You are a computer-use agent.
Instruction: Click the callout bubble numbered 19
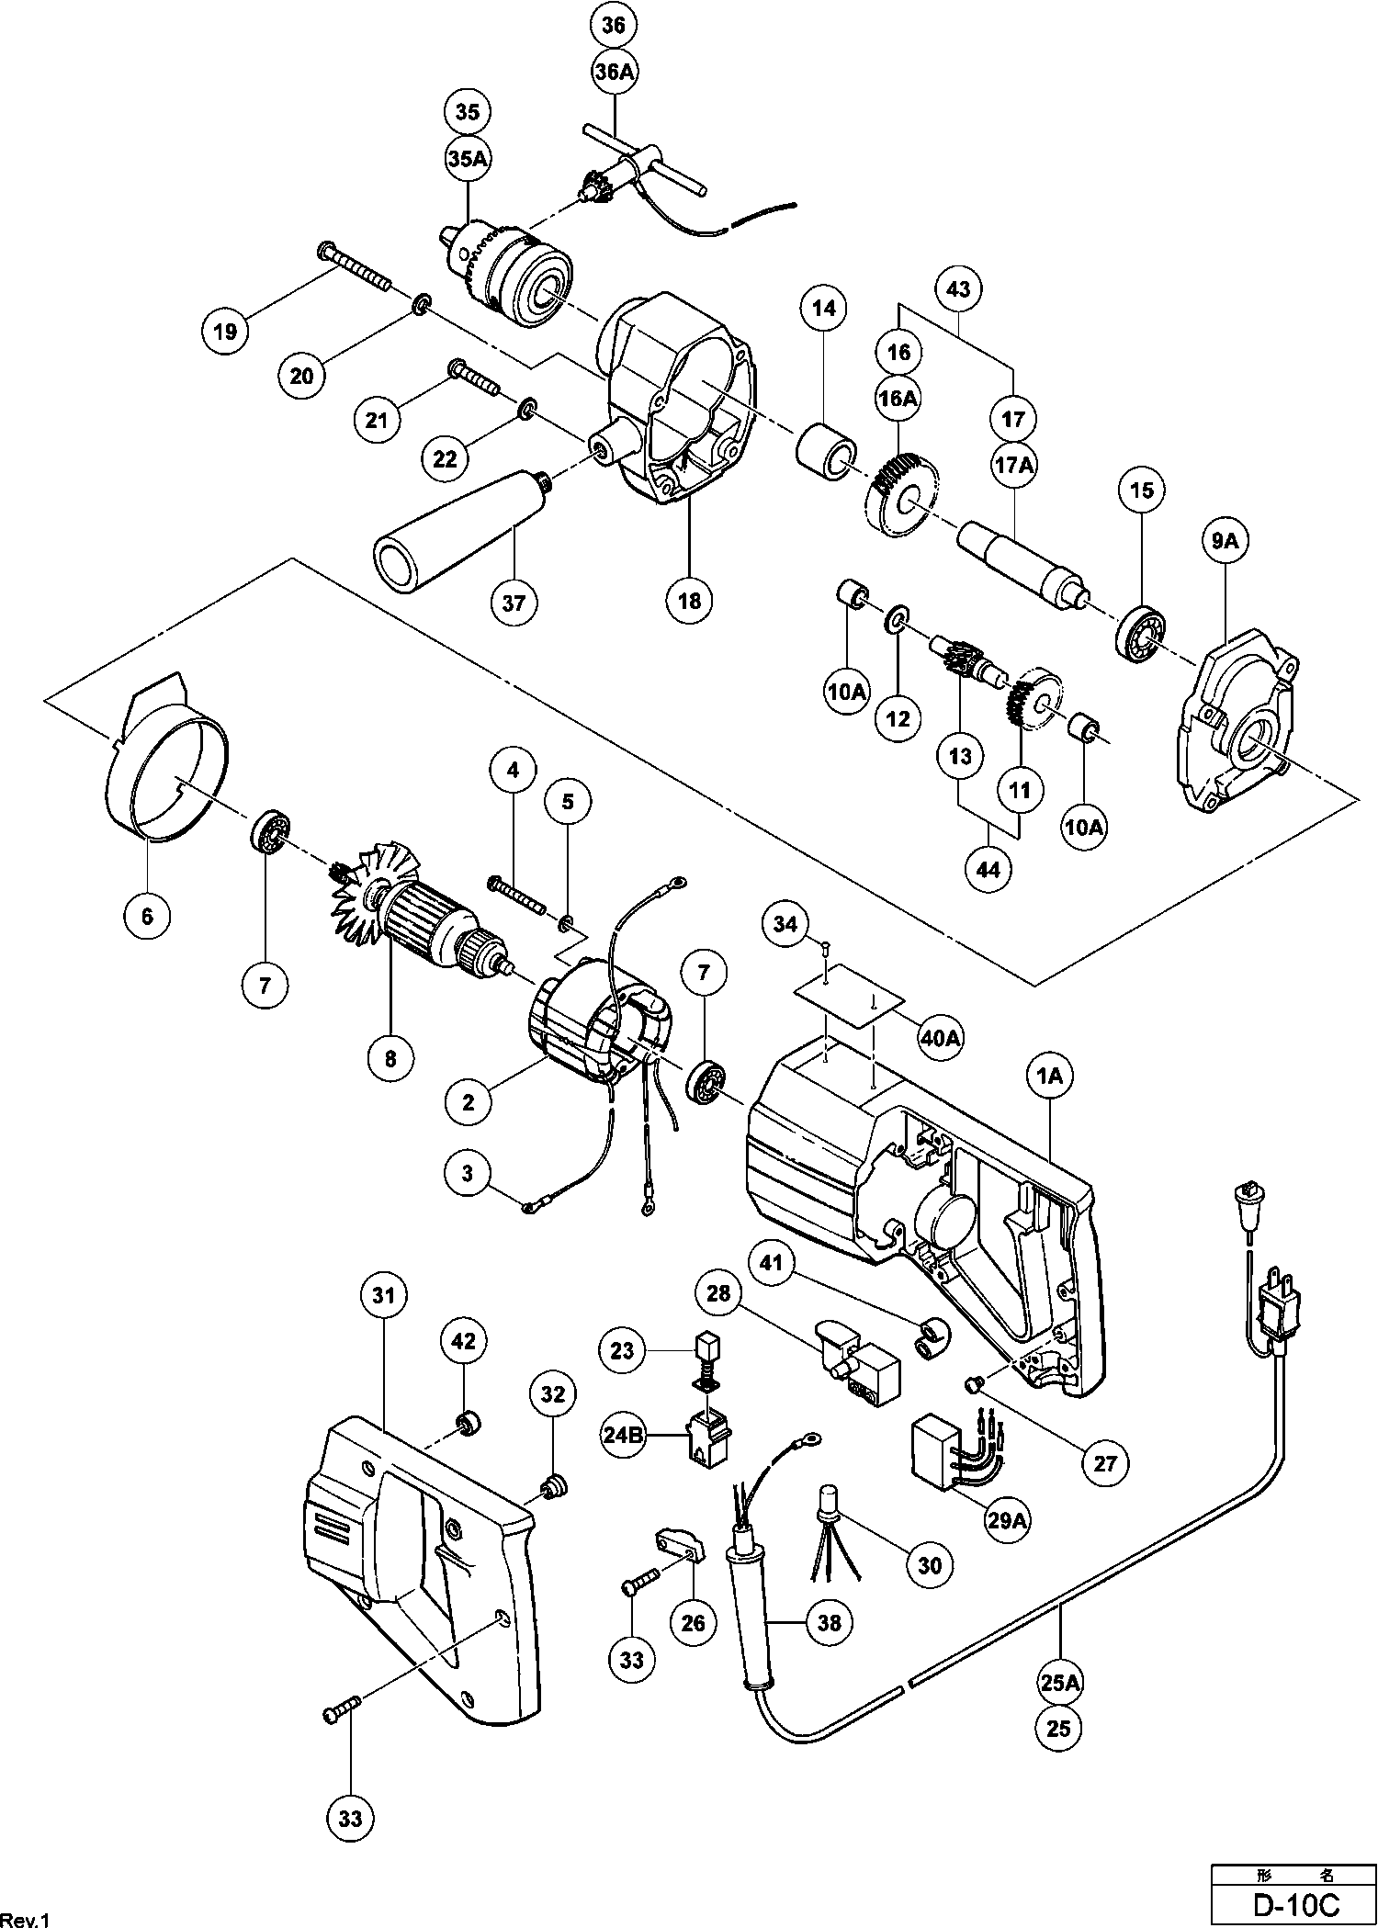[x=226, y=332]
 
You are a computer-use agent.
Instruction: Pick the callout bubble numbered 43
[x=958, y=289]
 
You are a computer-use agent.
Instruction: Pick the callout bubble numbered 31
[x=383, y=1295]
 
